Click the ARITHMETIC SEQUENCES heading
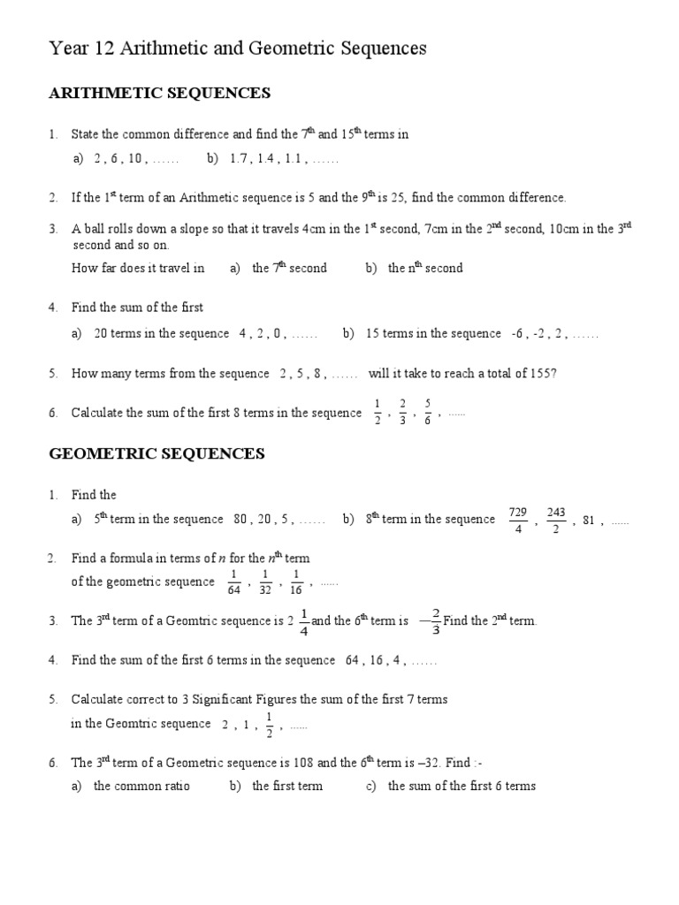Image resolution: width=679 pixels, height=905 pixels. [159, 93]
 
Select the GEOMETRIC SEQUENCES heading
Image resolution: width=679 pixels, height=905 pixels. [156, 454]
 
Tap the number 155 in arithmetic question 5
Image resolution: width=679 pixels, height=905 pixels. [540, 373]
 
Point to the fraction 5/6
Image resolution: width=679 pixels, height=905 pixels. [428, 413]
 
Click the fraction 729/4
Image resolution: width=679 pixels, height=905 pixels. [518, 520]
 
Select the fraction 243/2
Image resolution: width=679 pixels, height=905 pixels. [556, 520]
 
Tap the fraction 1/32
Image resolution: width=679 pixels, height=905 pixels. [265, 582]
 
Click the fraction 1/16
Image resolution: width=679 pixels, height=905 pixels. [297, 582]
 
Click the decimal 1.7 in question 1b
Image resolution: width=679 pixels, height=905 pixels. [238, 160]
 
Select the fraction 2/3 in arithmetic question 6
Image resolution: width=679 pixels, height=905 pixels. [403, 413]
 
